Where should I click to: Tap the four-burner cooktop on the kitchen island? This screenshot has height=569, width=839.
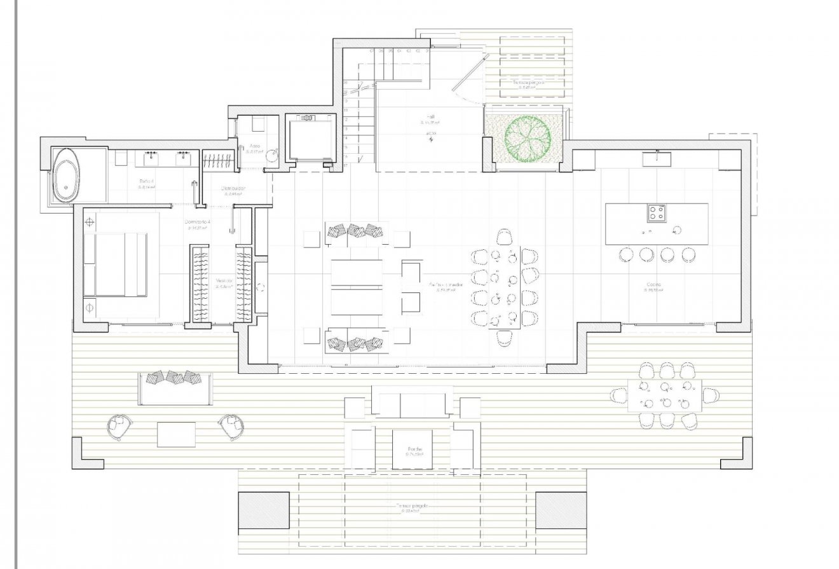point(657,213)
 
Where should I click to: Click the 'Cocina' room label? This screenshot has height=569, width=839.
point(654,285)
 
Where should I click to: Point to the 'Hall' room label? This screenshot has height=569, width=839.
point(430,117)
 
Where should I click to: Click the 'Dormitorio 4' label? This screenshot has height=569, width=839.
point(198,222)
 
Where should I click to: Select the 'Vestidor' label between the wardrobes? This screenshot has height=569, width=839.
point(223,280)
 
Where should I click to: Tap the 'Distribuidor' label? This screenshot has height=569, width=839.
point(233,189)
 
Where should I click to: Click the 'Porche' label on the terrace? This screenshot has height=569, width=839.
point(416,449)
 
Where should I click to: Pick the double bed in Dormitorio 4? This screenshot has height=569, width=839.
point(116,264)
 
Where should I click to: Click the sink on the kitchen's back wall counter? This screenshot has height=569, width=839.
point(657,158)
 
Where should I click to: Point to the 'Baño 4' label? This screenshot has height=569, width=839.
point(147,181)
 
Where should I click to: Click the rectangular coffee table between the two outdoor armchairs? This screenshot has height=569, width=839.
point(176,434)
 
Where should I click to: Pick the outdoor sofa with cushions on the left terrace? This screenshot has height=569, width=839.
point(174,387)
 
